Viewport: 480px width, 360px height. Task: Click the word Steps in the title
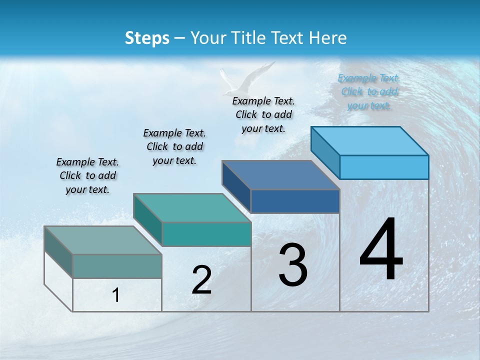click(x=147, y=38)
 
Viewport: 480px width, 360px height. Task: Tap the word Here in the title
click(x=328, y=38)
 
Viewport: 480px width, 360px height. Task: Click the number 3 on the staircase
click(x=293, y=265)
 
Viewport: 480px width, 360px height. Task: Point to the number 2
click(x=201, y=280)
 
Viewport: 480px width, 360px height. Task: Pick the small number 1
click(x=116, y=295)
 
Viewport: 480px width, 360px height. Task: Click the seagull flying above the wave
click(x=245, y=80)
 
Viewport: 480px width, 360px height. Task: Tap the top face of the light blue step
click(x=370, y=140)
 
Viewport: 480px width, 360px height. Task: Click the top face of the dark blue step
click(x=281, y=175)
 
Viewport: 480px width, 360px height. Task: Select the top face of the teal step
click(x=192, y=208)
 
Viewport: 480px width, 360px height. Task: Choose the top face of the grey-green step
click(x=103, y=240)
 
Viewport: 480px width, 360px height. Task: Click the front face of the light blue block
click(x=384, y=167)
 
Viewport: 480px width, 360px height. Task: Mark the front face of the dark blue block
click(x=295, y=201)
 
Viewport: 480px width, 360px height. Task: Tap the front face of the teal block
click(x=206, y=234)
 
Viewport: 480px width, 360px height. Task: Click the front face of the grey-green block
click(x=117, y=266)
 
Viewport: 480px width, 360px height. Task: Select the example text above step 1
click(x=87, y=175)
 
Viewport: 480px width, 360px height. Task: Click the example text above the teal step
click(x=174, y=146)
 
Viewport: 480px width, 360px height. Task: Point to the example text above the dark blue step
click(x=263, y=114)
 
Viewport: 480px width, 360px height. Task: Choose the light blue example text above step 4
click(x=369, y=91)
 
